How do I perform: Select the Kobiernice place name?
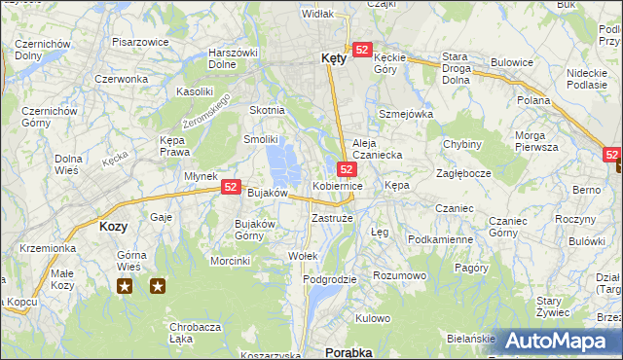(x=338, y=185)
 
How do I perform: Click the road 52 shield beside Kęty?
(x=362, y=50)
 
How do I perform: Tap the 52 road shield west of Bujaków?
(x=231, y=186)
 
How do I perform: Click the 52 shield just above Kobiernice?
(x=346, y=169)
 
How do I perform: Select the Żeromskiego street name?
(x=205, y=114)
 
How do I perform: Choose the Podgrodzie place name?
(x=330, y=279)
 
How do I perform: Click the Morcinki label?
(x=231, y=261)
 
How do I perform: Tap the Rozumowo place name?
(x=400, y=275)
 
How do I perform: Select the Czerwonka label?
(x=122, y=79)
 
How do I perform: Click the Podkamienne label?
(x=440, y=239)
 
